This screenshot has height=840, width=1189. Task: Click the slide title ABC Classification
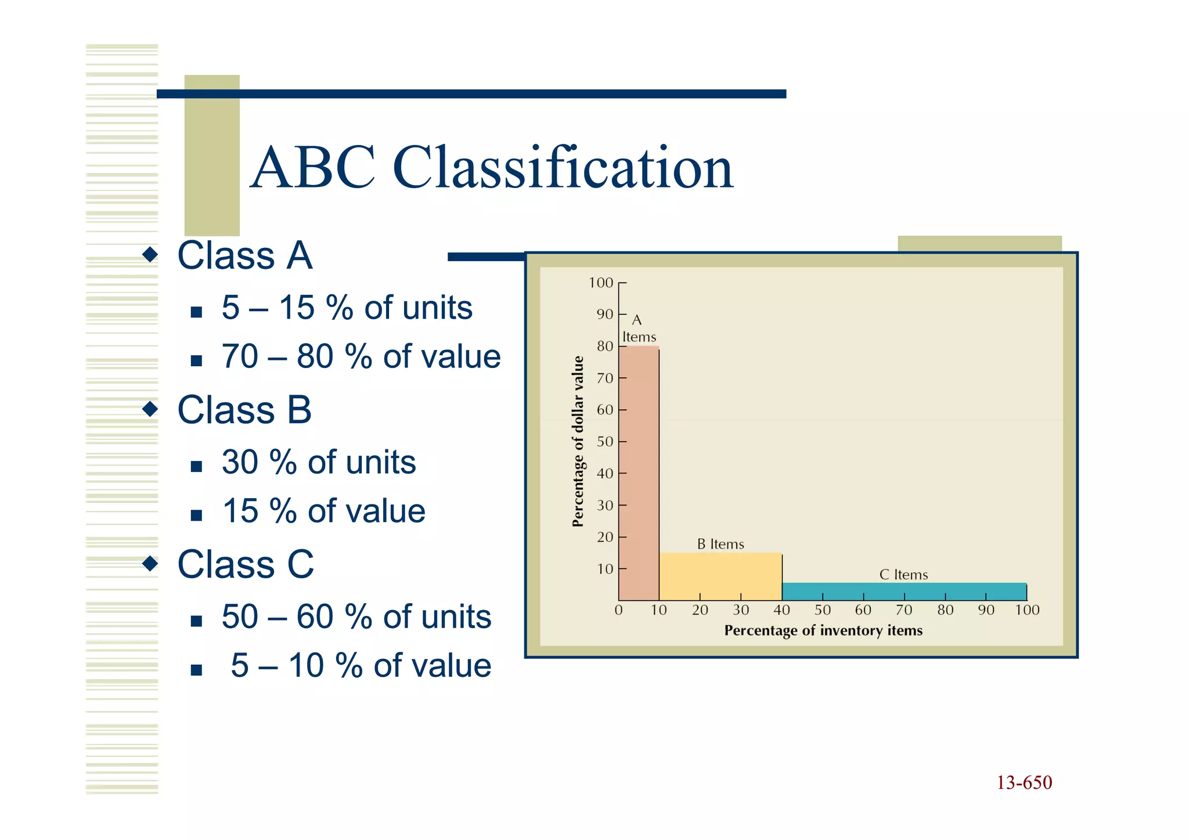(492, 168)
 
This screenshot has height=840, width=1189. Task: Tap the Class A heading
(244, 255)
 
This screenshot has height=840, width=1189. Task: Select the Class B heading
(244, 410)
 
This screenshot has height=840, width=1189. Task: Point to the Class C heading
(246, 564)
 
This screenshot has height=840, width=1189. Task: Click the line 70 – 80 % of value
(361, 356)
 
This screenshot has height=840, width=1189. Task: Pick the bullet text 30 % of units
(319, 463)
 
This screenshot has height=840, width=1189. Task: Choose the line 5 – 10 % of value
(361, 666)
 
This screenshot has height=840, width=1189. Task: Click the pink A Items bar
(639, 473)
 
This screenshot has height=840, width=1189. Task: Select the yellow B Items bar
(720, 576)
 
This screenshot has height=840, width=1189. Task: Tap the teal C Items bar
(904, 592)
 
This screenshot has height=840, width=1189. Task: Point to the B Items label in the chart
(720, 545)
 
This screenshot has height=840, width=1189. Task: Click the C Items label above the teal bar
(903, 575)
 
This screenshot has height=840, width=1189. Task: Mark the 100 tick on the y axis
(601, 283)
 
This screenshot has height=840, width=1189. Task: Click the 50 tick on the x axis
(823, 610)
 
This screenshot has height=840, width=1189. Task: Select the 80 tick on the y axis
(605, 347)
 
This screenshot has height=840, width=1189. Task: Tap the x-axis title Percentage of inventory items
(823, 630)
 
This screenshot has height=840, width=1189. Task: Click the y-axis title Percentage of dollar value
(578, 441)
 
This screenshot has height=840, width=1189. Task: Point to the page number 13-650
(1024, 783)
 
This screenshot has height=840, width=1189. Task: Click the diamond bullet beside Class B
(150, 409)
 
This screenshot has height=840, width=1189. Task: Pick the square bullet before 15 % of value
(196, 515)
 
